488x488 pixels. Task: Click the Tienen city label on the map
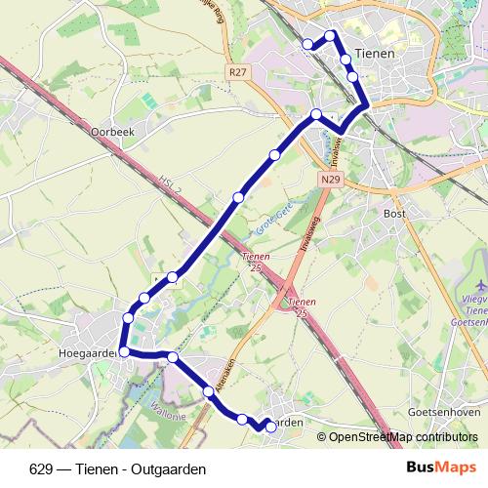(x=376, y=54)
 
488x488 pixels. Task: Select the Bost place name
(x=395, y=213)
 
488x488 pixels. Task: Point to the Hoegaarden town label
(x=89, y=351)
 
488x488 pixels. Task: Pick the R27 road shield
(x=235, y=71)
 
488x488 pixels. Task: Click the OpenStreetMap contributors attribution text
(x=401, y=437)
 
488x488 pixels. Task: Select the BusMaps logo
(x=441, y=468)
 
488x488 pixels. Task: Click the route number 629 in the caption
(x=40, y=469)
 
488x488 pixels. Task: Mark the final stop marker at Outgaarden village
(x=271, y=427)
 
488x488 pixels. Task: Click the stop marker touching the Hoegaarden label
(x=124, y=351)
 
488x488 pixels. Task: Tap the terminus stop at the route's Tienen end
(x=307, y=43)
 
